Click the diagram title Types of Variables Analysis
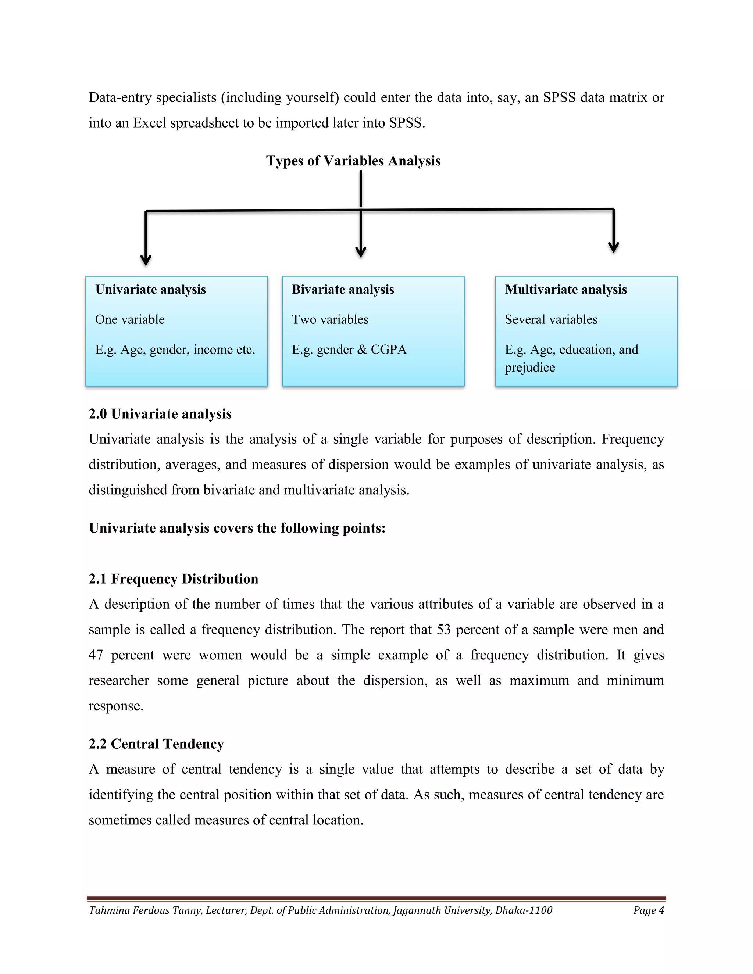[x=353, y=161]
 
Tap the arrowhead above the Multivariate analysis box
[x=613, y=247]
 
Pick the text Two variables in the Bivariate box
[x=330, y=319]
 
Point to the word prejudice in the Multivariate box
[x=530, y=368]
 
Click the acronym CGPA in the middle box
[x=389, y=349]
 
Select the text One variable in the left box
[x=130, y=319]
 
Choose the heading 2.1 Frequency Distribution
[x=173, y=579]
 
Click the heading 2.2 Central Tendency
[x=156, y=744]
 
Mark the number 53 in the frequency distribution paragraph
[x=443, y=629]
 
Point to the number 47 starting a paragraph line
[x=96, y=655]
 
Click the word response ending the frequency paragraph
[x=115, y=706]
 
